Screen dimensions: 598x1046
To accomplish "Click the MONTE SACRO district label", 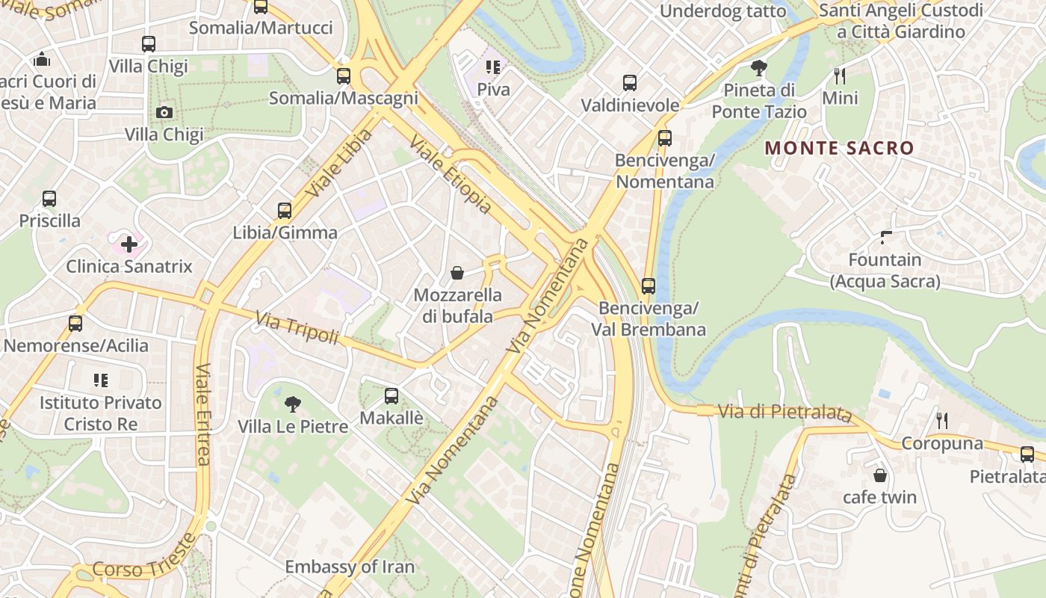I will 840,148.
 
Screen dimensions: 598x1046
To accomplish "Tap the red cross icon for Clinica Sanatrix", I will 129,244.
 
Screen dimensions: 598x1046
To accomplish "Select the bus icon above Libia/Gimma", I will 285,210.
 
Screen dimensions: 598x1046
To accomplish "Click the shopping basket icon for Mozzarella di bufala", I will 457,274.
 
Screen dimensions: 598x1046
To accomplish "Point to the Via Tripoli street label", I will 297,329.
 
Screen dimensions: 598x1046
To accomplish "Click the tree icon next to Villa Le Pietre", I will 293,404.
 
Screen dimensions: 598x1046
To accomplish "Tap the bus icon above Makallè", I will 392,396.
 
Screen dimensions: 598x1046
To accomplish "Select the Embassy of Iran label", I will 350,567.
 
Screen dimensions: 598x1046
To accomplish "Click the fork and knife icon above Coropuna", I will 942,421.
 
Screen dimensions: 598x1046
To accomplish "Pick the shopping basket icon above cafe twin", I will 880,475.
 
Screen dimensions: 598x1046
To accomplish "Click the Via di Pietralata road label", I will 784,413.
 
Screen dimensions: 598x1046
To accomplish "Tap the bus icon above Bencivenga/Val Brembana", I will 649,286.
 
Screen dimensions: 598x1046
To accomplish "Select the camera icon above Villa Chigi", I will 164,113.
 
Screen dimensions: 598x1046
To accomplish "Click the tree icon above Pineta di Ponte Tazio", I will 759,68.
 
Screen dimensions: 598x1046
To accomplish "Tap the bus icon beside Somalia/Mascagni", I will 344,75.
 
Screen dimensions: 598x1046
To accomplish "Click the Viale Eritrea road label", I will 202,415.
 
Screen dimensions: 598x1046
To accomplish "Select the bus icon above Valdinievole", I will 630,82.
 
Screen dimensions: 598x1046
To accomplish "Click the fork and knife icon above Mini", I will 840,75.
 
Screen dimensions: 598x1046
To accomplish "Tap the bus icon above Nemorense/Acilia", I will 75,324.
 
